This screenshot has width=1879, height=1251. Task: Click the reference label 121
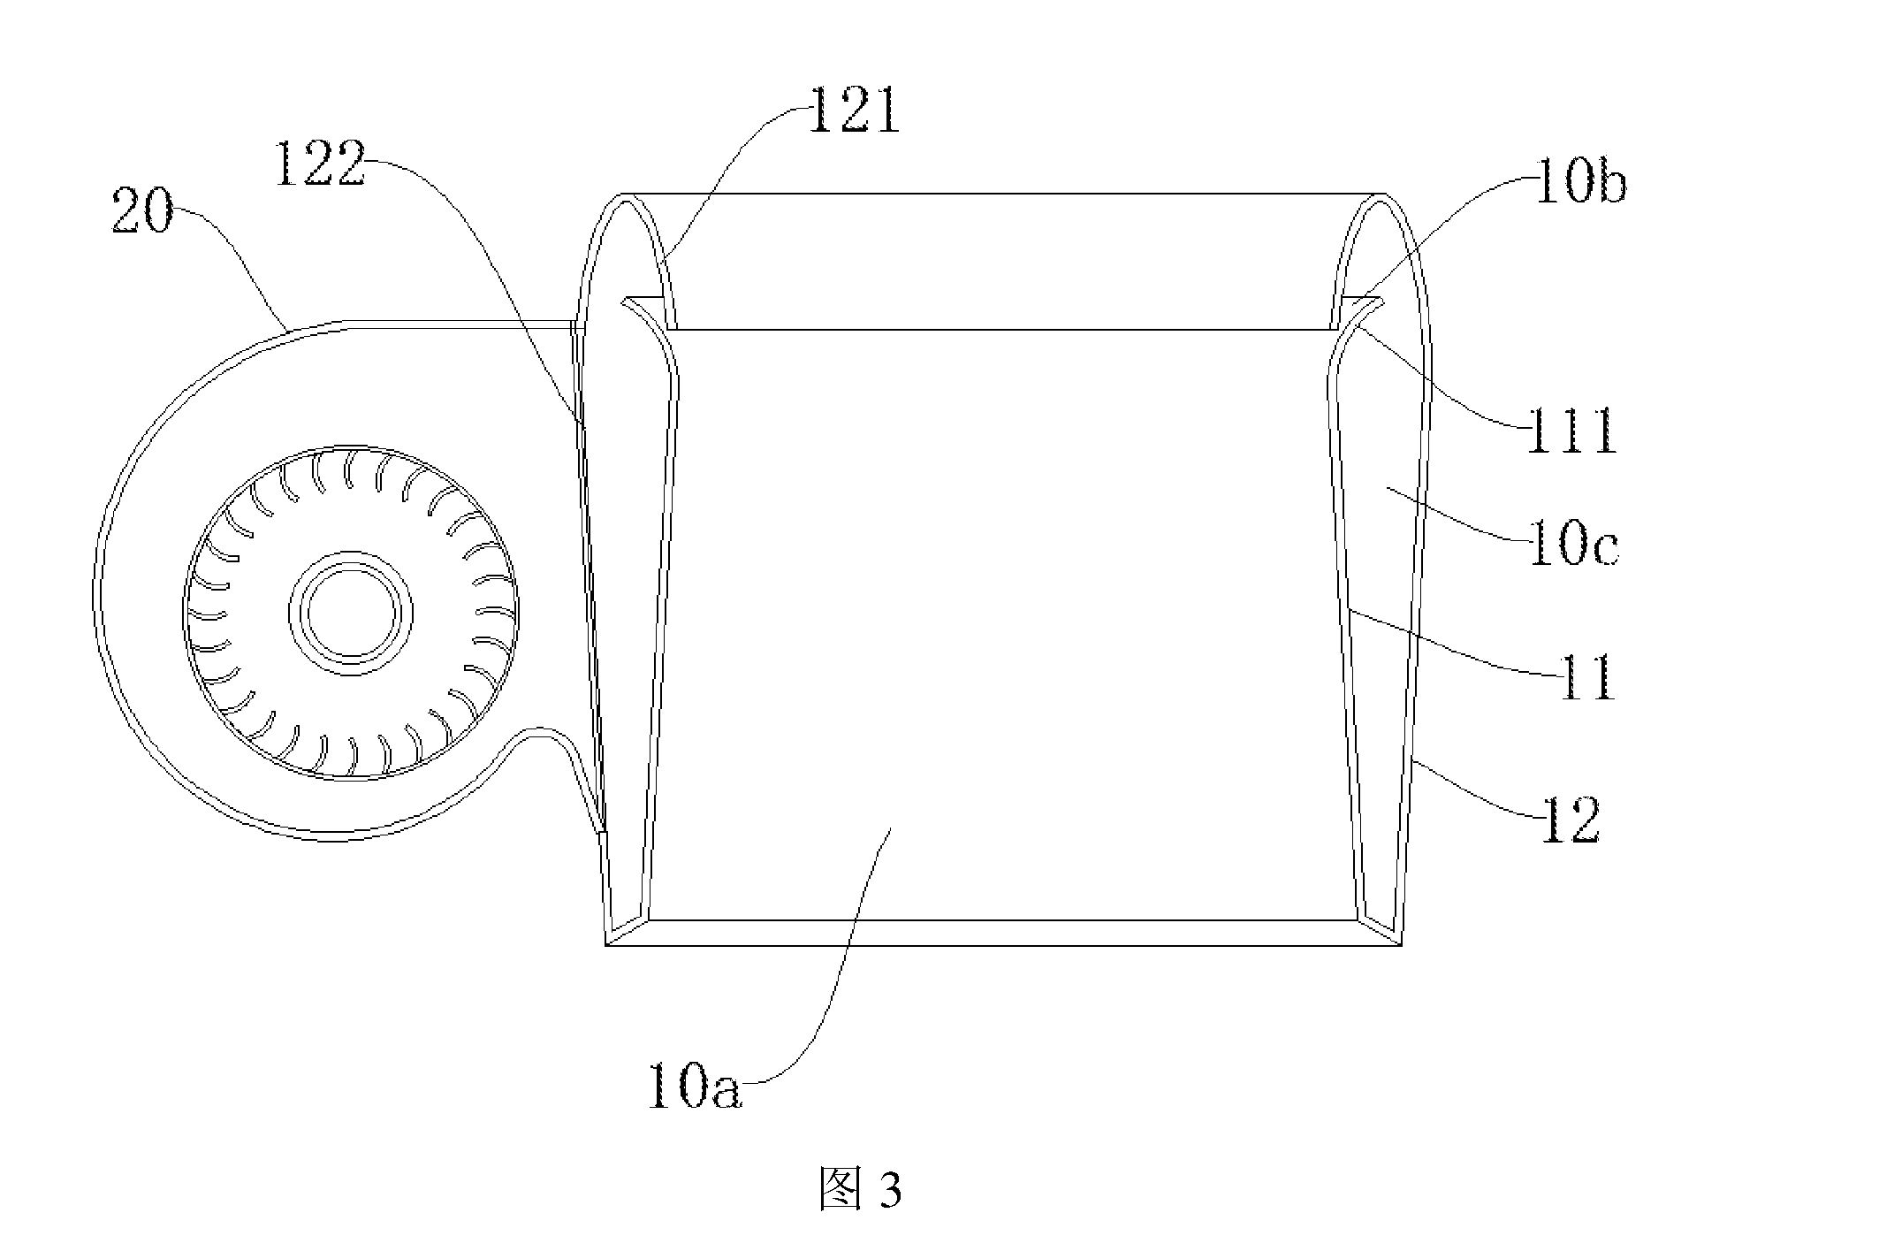(854, 113)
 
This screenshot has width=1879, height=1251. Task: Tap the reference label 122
(320, 165)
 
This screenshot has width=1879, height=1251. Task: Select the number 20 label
(142, 213)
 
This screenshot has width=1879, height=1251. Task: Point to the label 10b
(1581, 184)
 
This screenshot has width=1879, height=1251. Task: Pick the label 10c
(1573, 546)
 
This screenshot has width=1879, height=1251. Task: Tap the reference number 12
(1571, 821)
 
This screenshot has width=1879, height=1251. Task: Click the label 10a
(694, 1086)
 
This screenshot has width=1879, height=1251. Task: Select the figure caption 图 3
(860, 1190)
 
